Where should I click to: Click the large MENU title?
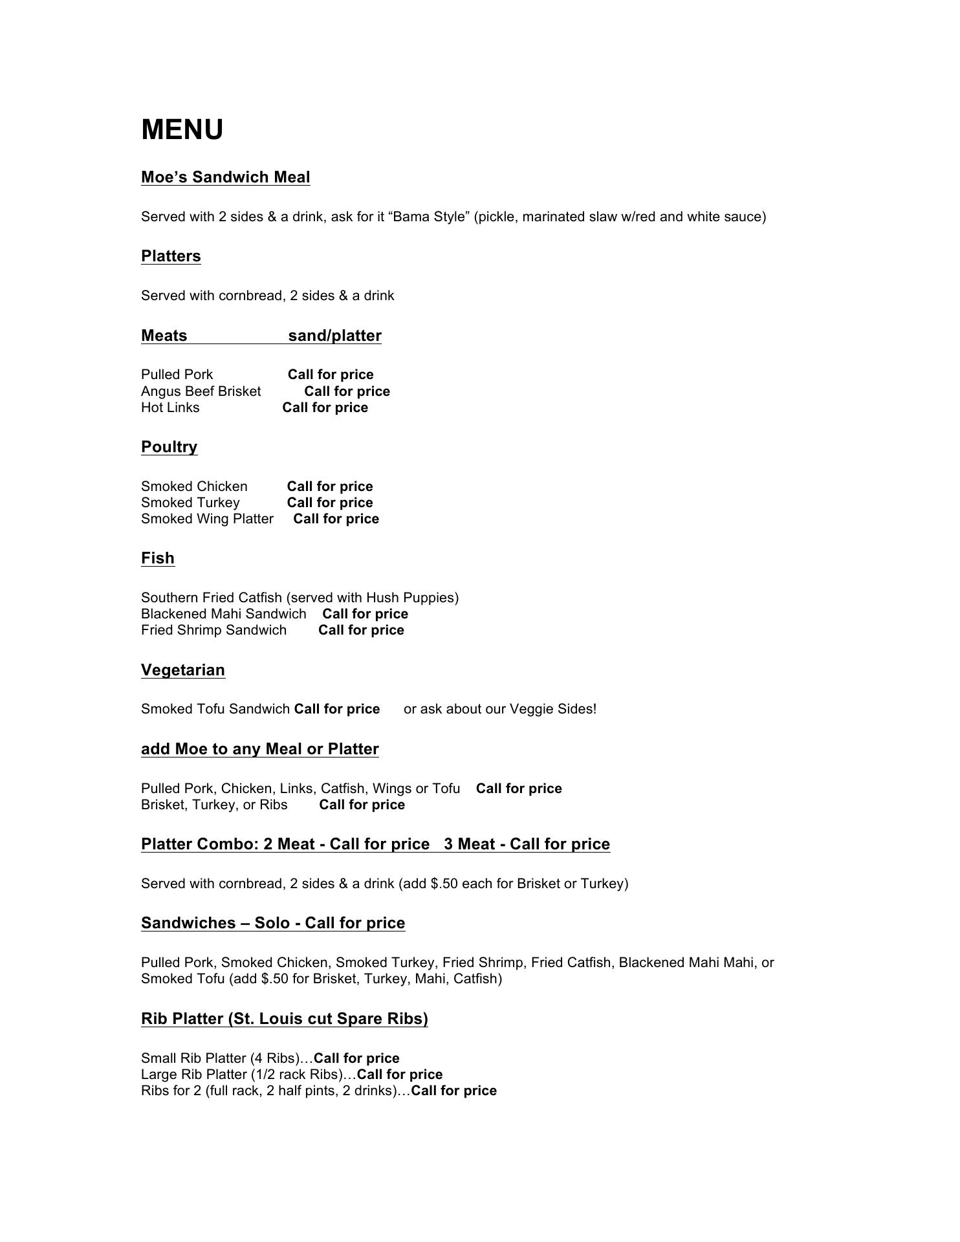[x=182, y=129]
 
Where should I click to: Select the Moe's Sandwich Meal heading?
[x=225, y=177]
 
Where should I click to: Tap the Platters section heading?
[x=171, y=256]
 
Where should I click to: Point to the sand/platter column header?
[x=334, y=336]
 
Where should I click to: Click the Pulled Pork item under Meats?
[x=177, y=375]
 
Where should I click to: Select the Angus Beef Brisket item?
[x=201, y=391]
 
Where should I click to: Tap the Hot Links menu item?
[x=170, y=408]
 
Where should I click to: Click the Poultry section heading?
[x=169, y=447]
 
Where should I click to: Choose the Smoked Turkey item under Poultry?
[x=190, y=503]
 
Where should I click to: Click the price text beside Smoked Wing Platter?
[x=336, y=519]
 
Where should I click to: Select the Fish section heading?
[x=158, y=558]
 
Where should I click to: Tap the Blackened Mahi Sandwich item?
[x=223, y=614]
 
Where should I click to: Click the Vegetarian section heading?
[x=183, y=670]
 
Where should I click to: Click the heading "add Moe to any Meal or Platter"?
[x=259, y=749]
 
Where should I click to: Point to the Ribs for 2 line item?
[x=268, y=1091]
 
